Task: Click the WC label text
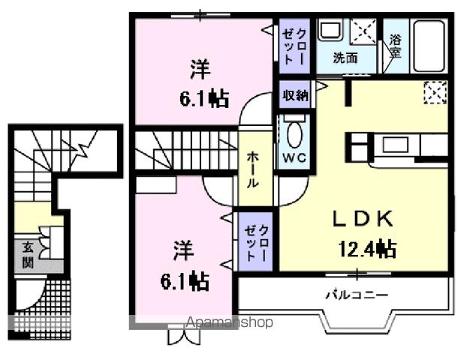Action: pos(292,158)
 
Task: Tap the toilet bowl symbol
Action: pos(293,136)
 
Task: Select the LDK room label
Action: pos(363,218)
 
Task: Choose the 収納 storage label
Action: pos(294,95)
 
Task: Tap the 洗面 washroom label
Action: pos(345,58)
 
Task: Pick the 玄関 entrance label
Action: pos(27,254)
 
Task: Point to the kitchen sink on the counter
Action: pos(391,142)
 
